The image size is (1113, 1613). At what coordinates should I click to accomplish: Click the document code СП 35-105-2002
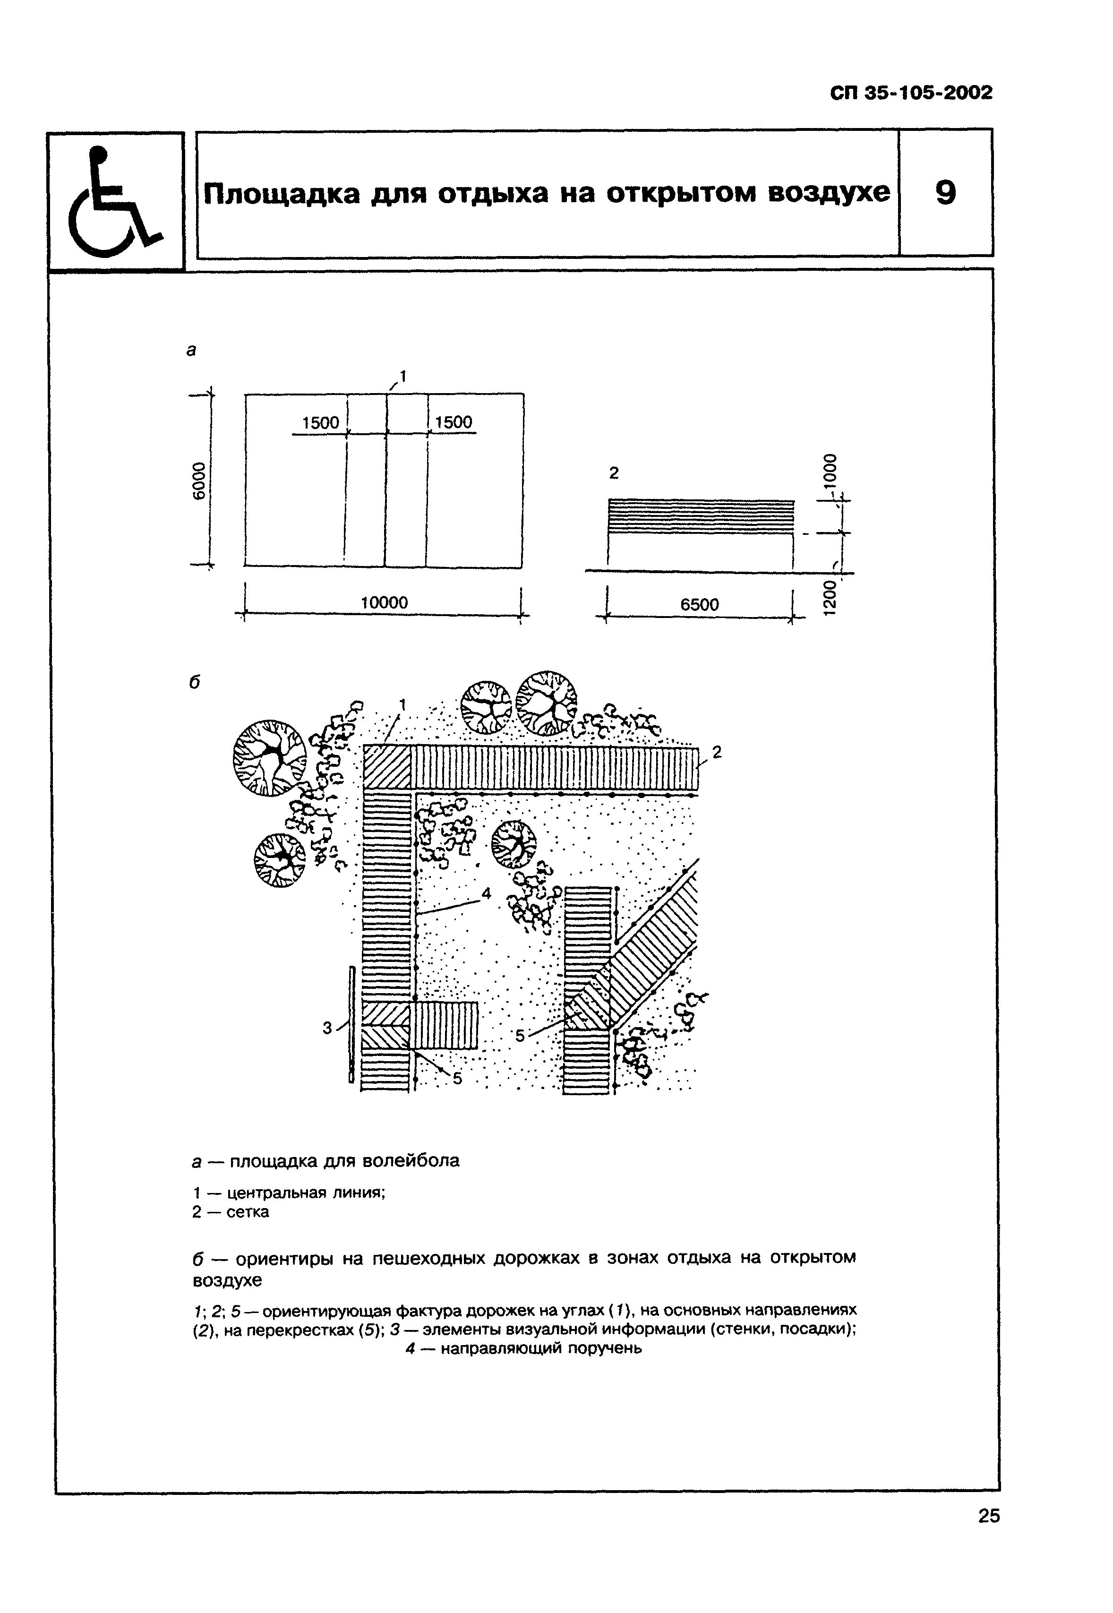(x=911, y=93)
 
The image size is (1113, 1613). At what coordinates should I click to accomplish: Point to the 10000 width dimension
(x=384, y=602)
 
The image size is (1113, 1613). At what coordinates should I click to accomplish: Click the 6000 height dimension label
(x=199, y=480)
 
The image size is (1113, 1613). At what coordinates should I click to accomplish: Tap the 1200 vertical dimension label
(x=829, y=598)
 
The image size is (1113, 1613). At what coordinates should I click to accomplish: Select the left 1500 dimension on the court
(x=320, y=422)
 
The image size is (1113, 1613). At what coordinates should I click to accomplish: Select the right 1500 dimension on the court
(x=454, y=422)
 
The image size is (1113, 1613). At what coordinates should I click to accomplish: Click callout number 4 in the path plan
(x=486, y=893)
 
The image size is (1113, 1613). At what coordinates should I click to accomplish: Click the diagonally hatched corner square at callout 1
(x=386, y=768)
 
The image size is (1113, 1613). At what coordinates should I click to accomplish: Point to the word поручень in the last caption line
(x=605, y=1349)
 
